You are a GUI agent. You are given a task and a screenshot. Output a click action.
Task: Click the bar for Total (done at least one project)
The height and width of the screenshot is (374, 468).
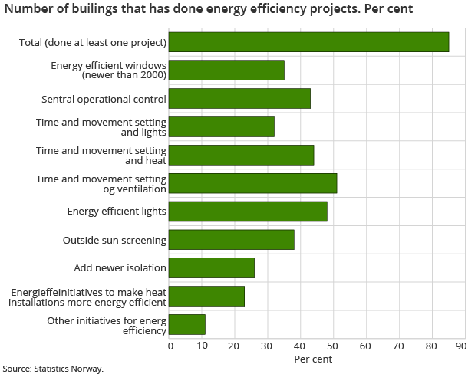pyautogui.click(x=308, y=42)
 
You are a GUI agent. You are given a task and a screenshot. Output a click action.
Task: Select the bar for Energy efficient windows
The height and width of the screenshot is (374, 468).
pyautogui.click(x=226, y=71)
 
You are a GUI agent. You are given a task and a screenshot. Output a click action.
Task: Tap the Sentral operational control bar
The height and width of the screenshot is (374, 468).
pyautogui.click(x=239, y=99)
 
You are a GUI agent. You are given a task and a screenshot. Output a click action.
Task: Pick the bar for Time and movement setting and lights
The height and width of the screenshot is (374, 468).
pyautogui.click(x=221, y=127)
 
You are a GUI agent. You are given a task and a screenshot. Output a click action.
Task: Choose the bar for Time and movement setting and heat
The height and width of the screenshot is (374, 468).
pyautogui.click(x=241, y=156)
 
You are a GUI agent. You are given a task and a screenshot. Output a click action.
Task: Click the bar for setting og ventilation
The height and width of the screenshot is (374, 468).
pyautogui.click(x=252, y=184)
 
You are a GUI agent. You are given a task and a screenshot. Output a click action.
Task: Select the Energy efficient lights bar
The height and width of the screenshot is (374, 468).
pyautogui.click(x=248, y=212)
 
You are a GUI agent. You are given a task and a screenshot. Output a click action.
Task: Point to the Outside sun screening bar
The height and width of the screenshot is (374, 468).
pyautogui.click(x=231, y=240)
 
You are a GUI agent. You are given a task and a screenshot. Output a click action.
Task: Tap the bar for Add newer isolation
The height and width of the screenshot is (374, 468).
pyautogui.click(x=211, y=268)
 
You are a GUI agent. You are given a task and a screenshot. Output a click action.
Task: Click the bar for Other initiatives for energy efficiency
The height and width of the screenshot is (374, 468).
pyautogui.click(x=186, y=325)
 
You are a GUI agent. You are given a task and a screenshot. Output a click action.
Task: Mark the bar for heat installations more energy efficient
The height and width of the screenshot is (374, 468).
pyautogui.click(x=206, y=297)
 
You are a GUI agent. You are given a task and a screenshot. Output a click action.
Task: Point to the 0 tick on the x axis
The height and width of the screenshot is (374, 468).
pyautogui.click(x=170, y=346)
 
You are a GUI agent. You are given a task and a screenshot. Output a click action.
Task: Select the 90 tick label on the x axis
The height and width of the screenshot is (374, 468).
pyautogui.click(x=460, y=346)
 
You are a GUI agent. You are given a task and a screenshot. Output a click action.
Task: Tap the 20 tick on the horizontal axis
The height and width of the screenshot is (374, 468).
pyautogui.click(x=235, y=346)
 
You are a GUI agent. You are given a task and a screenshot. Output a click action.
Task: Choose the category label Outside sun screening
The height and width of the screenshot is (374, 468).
pyautogui.click(x=114, y=241)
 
